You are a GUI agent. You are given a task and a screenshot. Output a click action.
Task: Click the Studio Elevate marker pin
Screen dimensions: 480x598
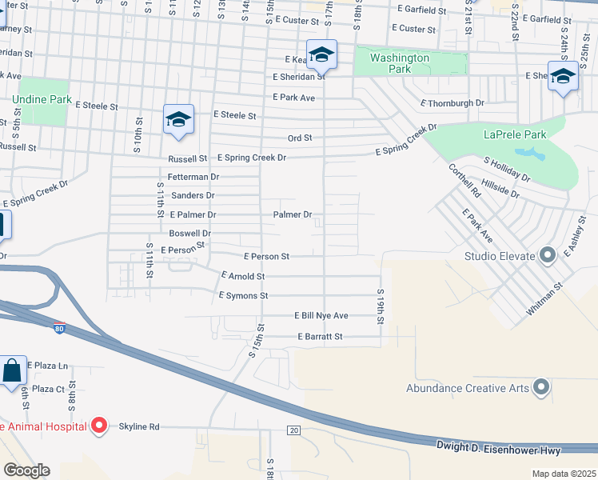pyautogui.click(x=548, y=256)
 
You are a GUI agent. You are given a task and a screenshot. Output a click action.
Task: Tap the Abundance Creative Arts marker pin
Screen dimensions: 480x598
pyautogui.click(x=541, y=388)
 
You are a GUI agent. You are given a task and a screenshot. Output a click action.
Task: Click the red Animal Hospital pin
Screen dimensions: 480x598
pyautogui.click(x=99, y=426)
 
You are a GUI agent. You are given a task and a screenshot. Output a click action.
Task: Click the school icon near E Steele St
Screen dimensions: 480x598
pyautogui.click(x=178, y=120)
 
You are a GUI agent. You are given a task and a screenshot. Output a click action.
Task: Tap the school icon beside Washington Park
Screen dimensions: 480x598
pyautogui.click(x=322, y=54)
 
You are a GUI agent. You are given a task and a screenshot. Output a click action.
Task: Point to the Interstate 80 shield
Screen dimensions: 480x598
pyautogui.click(x=59, y=328)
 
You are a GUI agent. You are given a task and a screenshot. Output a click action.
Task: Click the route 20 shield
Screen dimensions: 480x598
pyautogui.click(x=293, y=431)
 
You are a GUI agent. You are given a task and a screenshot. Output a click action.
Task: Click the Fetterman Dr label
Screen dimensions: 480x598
pyautogui.click(x=193, y=176)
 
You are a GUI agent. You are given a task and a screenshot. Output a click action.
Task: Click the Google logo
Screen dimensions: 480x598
pyautogui.click(x=26, y=470)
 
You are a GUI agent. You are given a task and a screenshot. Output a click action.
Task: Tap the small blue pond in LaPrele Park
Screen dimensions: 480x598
pyautogui.click(x=527, y=152)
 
